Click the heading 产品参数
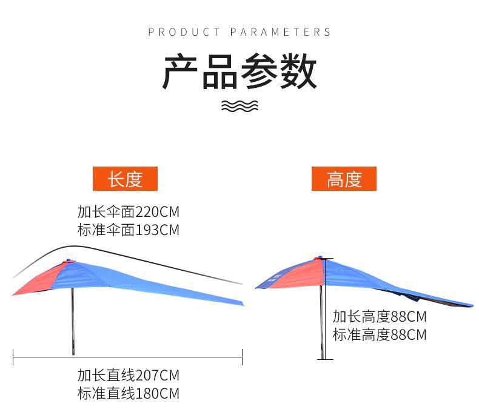pyautogui.click(x=239, y=72)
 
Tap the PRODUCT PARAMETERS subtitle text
pyautogui.click(x=239, y=32)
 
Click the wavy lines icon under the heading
pyautogui.click(x=239, y=107)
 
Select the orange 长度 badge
pyautogui.click(x=125, y=179)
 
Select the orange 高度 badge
pyautogui.click(x=344, y=179)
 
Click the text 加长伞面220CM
pyautogui.click(x=128, y=213)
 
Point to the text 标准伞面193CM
pyautogui.click(x=128, y=230)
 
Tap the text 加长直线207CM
pyautogui.click(x=128, y=375)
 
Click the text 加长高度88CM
pyautogui.click(x=379, y=316)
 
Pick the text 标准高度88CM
pyautogui.click(x=379, y=334)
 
